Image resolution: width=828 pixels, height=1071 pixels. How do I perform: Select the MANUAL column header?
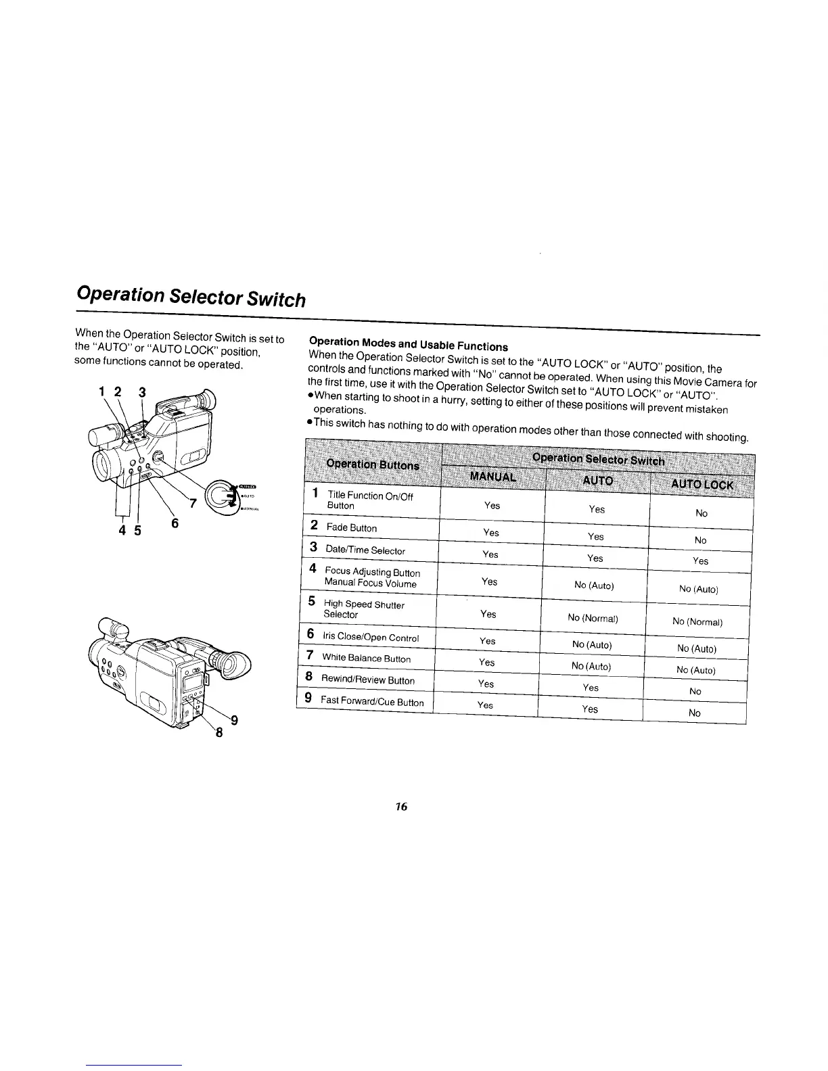[x=492, y=476]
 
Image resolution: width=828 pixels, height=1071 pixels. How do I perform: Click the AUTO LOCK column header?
[x=701, y=484]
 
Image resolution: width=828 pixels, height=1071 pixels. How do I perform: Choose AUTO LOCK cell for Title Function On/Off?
[x=701, y=513]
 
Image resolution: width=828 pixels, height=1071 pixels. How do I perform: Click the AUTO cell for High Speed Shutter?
[x=593, y=618]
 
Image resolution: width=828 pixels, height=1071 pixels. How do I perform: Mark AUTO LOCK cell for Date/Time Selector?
[x=701, y=561]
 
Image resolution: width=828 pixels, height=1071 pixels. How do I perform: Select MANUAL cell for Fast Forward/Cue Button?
[x=485, y=705]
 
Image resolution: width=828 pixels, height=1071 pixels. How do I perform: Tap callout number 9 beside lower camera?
[x=234, y=719]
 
